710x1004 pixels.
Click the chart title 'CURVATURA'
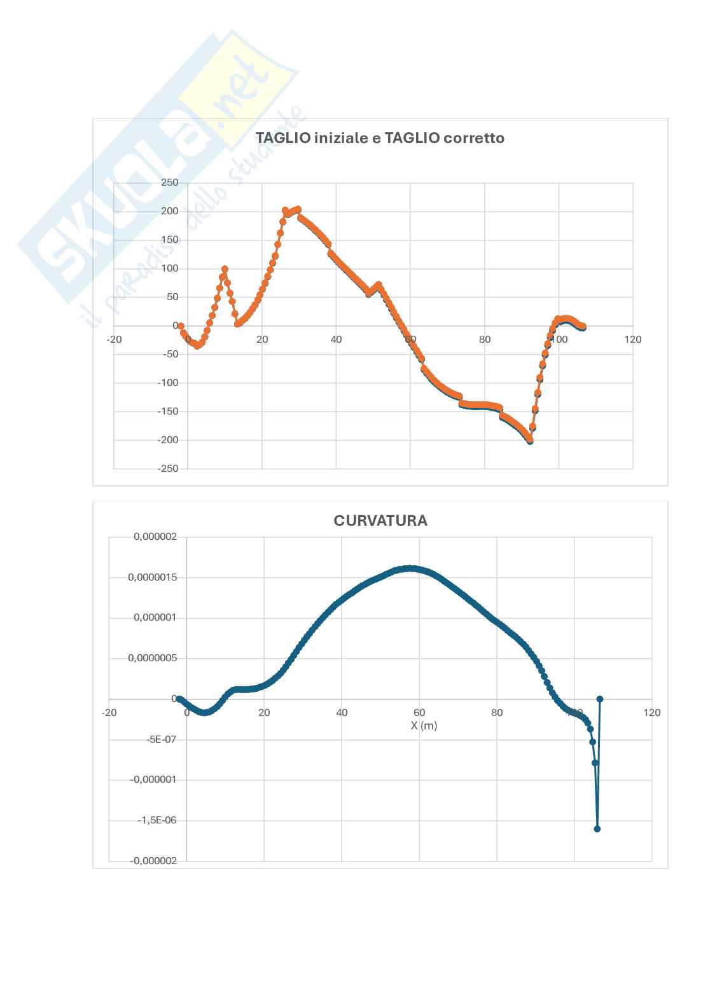point(380,521)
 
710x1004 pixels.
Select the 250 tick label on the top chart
point(170,182)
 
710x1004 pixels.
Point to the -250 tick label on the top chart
point(168,469)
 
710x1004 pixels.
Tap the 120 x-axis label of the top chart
point(632,340)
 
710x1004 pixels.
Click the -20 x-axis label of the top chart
point(114,340)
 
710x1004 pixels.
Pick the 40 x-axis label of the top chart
point(336,340)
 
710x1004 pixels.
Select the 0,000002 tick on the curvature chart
point(155,537)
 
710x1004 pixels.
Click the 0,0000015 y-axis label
point(152,577)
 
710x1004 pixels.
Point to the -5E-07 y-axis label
point(162,739)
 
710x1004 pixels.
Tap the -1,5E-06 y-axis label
point(157,820)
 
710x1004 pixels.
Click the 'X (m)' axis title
point(424,725)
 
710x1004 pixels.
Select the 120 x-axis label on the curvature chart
point(652,713)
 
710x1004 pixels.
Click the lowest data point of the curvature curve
point(597,829)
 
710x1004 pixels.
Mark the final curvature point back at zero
point(599,699)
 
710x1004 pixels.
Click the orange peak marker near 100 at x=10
point(225,269)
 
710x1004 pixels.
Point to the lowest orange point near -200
point(530,440)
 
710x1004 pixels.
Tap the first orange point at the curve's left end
point(181,326)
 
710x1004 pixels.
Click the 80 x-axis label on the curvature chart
point(497,713)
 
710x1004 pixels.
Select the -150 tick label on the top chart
point(168,411)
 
